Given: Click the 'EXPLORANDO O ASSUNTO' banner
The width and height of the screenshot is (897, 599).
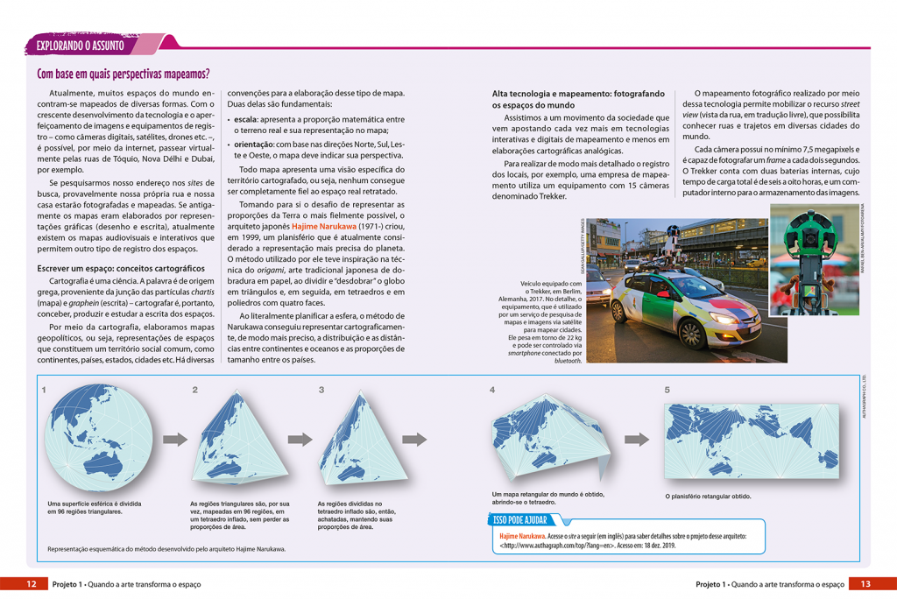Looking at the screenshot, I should (81, 45).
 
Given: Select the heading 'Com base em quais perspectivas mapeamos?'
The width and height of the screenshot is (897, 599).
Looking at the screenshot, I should (124, 74).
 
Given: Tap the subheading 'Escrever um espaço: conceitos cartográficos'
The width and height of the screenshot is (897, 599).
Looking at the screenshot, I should (120, 268).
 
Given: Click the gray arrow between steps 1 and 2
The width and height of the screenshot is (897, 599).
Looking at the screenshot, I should (175, 439).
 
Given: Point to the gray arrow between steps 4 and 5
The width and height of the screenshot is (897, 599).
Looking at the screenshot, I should (638, 440).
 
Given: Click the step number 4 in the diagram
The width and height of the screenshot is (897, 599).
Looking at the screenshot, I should (492, 390).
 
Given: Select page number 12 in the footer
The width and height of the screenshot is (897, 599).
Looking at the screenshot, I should (31, 584).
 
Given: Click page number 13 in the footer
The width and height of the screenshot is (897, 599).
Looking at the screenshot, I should (865, 584).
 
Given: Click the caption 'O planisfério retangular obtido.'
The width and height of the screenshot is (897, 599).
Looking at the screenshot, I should (708, 497).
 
